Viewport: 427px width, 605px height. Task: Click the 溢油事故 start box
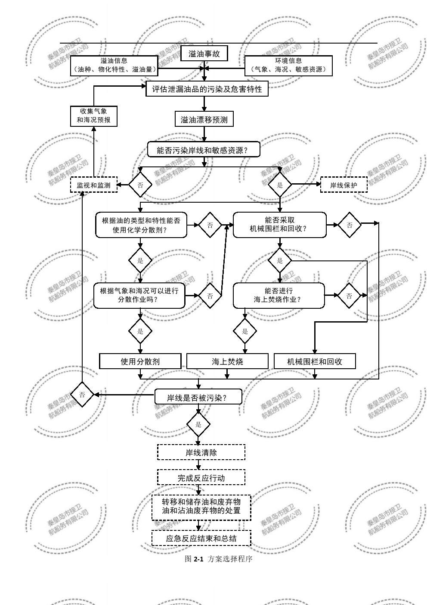point(204,54)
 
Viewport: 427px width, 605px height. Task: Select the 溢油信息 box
point(114,65)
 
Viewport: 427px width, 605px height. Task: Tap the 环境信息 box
point(288,65)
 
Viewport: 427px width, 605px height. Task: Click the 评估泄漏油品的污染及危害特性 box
point(207,89)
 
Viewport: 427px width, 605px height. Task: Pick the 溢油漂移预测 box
point(204,119)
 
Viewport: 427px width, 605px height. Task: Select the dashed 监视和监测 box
point(93,185)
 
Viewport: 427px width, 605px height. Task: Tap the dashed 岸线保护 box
point(343,185)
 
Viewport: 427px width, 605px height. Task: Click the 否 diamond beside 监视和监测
point(140,185)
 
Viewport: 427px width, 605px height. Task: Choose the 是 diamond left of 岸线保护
point(280,185)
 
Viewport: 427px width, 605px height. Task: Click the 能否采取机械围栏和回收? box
point(280,224)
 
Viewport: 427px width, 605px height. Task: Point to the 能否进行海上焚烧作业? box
point(279,295)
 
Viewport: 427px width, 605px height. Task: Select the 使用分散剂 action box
point(140,361)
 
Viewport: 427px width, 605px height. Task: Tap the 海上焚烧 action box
point(227,361)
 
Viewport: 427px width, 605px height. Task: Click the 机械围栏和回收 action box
point(315,361)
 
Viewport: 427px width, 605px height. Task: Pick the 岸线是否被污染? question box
point(198,397)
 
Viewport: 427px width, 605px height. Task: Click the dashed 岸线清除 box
point(201,452)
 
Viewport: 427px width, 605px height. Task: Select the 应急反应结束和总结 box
point(201,538)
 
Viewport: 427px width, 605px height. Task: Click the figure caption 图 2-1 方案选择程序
point(218,559)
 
